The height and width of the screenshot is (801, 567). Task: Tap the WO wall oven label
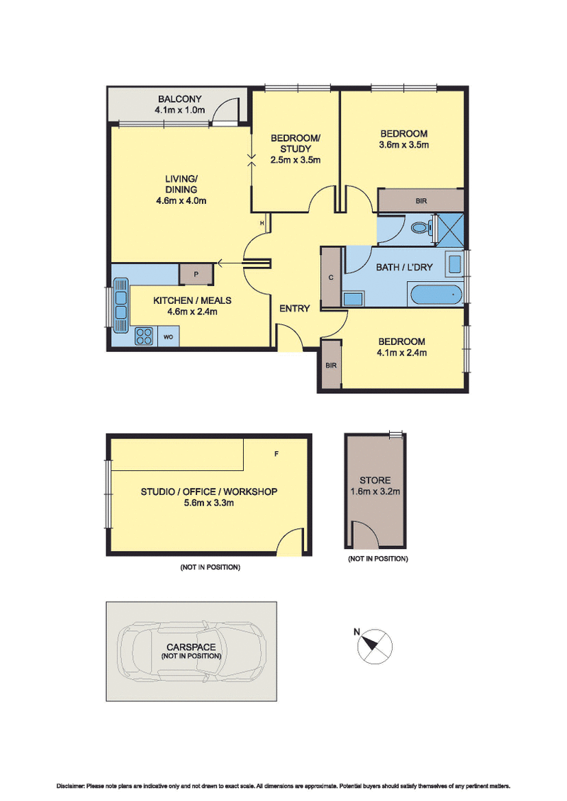click(x=169, y=337)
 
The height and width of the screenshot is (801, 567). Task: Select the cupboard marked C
click(x=331, y=277)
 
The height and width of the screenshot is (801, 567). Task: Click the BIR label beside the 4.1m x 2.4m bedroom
click(x=330, y=365)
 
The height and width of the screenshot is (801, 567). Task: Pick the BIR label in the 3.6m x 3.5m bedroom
click(x=421, y=201)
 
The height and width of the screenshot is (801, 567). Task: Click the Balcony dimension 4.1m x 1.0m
click(x=179, y=110)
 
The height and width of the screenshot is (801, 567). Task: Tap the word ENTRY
click(x=294, y=308)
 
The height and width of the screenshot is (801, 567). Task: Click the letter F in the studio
click(x=276, y=452)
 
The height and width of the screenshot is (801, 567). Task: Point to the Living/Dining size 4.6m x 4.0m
click(x=181, y=200)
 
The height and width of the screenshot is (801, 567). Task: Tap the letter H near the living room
click(x=262, y=224)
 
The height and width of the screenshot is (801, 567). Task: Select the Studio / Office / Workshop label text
click(x=208, y=492)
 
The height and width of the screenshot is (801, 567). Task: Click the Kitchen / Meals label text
click(x=192, y=300)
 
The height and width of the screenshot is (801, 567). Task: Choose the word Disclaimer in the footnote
click(x=72, y=786)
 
